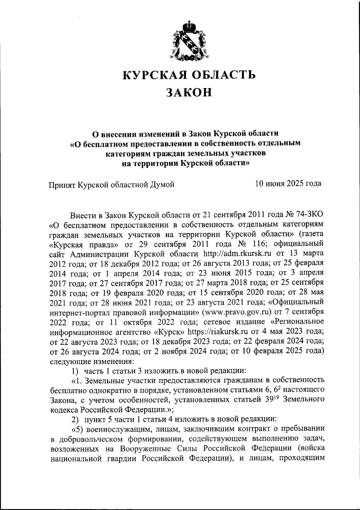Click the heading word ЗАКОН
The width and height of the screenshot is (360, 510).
pos(189,92)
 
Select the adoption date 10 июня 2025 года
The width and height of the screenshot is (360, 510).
pos(288,183)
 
